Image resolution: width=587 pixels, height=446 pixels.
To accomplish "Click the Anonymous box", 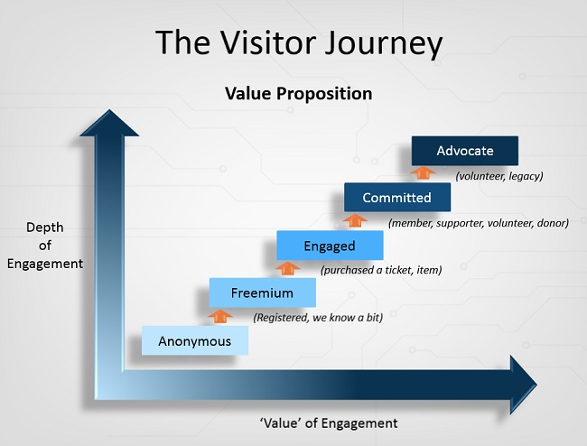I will click(x=194, y=340).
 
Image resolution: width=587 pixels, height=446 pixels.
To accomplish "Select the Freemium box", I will click(x=262, y=293).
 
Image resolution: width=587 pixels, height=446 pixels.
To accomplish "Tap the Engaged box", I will click(x=330, y=245).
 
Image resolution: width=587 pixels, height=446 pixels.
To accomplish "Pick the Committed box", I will click(x=396, y=197).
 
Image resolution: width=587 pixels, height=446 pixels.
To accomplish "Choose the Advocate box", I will click(x=464, y=150).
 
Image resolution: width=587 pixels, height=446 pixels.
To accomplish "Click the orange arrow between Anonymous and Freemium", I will click(x=220, y=315).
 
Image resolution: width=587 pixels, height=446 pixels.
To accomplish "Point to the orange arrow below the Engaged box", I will click(x=288, y=267).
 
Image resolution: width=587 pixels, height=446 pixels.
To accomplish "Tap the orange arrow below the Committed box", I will click(x=355, y=219).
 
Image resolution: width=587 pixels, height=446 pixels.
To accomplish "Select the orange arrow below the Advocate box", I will click(x=422, y=172).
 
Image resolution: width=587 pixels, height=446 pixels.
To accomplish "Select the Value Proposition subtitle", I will click(x=298, y=93).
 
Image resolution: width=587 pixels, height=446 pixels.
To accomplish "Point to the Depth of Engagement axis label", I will click(x=44, y=246).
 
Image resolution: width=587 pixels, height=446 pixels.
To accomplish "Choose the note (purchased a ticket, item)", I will click(x=380, y=269).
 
